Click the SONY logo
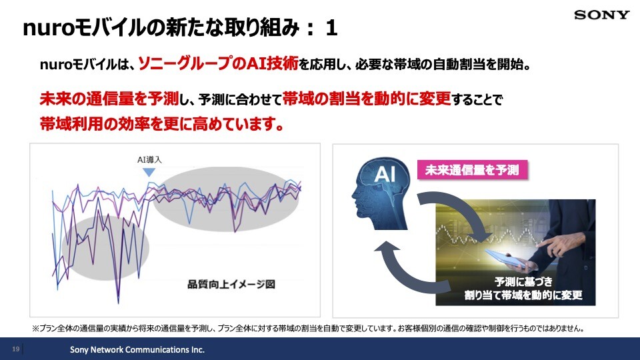pos(601,15)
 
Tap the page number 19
pos(15,349)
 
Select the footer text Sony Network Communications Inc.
pos(137,349)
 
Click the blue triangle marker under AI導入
pos(149,172)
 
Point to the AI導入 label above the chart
pos(149,159)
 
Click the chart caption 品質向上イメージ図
pos(231,284)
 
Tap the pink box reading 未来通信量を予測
pos(472,170)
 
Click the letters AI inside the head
pos(385,174)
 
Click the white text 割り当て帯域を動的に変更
pos(523,295)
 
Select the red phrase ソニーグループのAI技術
pos(219,64)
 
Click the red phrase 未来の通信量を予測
pos(109,99)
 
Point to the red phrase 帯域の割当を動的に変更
pos(367,99)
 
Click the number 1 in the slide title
pos(331,29)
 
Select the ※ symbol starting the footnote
pos(35,328)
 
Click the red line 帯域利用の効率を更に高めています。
pos(161,123)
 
